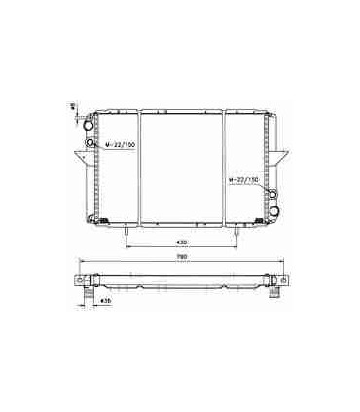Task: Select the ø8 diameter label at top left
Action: [74, 110]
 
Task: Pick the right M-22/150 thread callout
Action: [243, 181]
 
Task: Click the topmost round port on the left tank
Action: [91, 126]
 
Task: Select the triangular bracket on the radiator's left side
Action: [80, 158]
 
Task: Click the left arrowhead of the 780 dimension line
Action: [79, 265]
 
